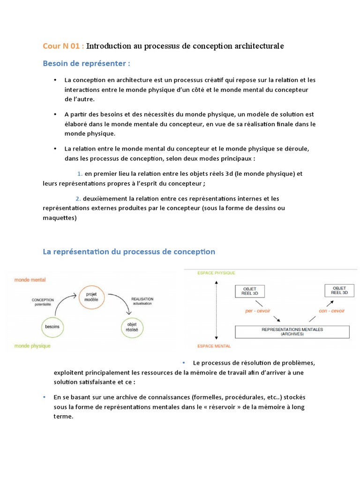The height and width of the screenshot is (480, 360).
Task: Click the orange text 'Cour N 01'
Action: pos(63,46)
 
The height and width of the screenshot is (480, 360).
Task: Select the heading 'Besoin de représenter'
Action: pos(86,63)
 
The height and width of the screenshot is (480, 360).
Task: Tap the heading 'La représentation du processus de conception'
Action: pos(129,252)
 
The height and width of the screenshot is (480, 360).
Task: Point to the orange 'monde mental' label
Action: pos(30,280)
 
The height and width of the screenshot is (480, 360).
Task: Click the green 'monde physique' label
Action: pos(32,346)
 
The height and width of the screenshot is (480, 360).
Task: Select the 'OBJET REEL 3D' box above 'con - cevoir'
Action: pos(339,291)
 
